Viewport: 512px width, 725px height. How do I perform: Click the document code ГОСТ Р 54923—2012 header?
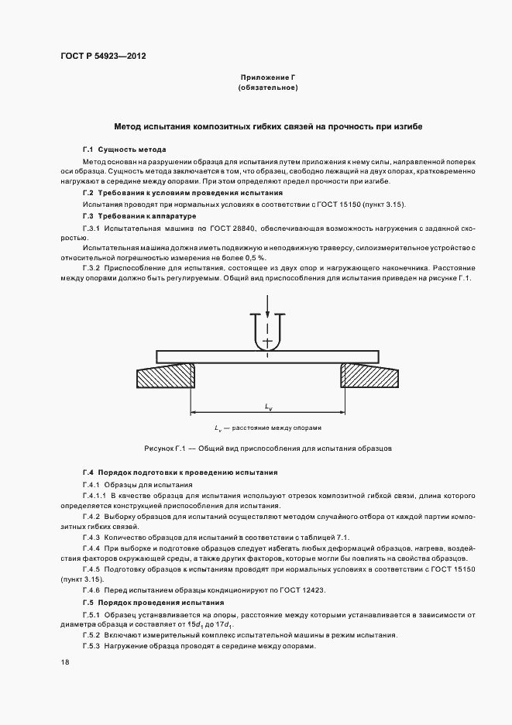[x=102, y=56]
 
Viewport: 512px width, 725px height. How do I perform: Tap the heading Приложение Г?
[x=268, y=77]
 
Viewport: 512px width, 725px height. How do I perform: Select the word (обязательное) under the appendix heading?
[x=268, y=88]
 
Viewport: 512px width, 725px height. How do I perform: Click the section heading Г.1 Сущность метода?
[x=124, y=149]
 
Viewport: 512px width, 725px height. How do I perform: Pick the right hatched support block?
[x=369, y=377]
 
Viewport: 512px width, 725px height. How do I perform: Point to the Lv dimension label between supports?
[x=268, y=405]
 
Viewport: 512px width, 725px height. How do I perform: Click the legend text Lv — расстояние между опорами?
[x=268, y=428]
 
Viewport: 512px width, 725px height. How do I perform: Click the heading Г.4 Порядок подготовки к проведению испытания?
[x=180, y=472]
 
